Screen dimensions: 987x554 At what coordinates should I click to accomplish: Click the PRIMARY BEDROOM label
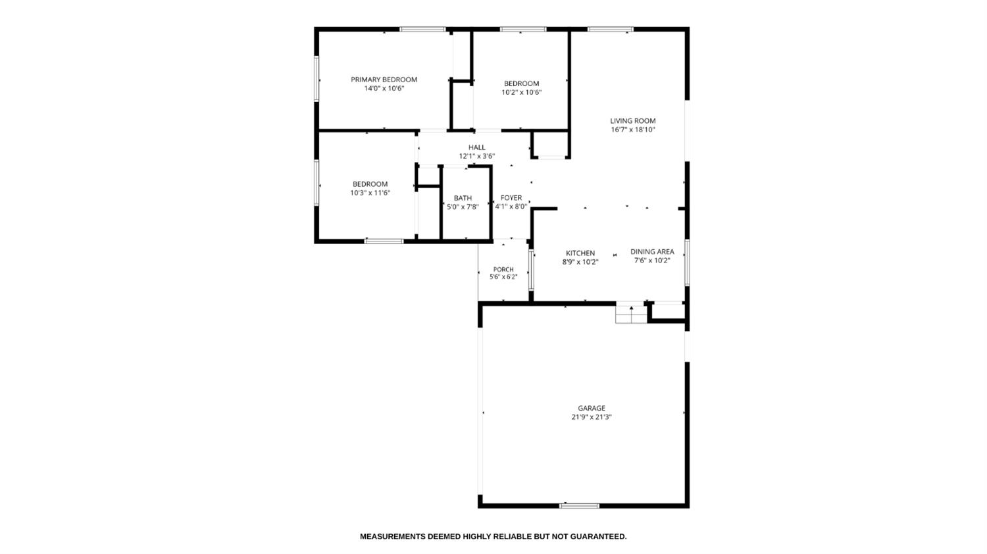(384, 80)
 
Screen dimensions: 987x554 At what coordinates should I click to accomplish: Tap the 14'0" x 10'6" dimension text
(384, 89)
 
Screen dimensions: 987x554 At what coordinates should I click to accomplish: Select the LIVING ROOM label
(633, 121)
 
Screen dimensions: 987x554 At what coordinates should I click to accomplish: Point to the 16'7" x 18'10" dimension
(633, 130)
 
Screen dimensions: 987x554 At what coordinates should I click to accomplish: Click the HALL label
(477, 147)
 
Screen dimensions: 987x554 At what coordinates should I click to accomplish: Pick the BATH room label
(463, 198)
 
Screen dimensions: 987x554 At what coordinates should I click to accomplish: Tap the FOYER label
(511, 198)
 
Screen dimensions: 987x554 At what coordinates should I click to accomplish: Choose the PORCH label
(503, 269)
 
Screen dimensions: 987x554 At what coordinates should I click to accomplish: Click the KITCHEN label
(580, 253)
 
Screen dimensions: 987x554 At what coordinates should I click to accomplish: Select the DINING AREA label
(652, 251)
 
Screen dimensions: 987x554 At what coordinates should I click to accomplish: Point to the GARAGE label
(592, 408)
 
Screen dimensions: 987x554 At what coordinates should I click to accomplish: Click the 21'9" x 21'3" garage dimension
(592, 417)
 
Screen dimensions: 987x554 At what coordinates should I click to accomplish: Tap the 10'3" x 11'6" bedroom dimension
(370, 193)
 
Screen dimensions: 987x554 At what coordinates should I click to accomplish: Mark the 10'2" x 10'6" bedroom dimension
(521, 93)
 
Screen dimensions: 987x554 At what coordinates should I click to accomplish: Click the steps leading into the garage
(632, 313)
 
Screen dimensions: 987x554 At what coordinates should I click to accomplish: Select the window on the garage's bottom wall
(579, 505)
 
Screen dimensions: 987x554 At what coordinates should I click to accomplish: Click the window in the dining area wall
(687, 263)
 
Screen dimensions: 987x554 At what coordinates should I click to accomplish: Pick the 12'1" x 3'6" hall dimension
(477, 157)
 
